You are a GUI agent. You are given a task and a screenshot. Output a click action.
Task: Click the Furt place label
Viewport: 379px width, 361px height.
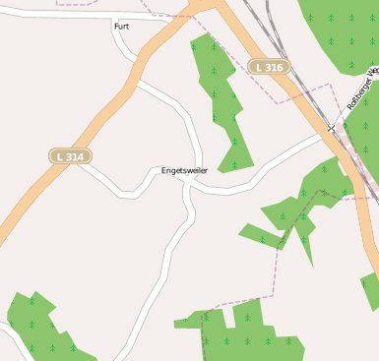(x=121, y=27)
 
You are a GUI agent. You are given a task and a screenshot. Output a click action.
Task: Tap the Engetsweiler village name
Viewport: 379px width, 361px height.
(x=184, y=171)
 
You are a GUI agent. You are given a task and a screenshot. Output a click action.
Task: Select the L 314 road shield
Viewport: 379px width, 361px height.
(x=71, y=155)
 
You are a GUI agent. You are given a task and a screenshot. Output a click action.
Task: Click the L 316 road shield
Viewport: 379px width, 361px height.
(x=268, y=67)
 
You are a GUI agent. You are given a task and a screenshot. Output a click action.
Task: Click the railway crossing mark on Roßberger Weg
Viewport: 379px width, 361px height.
(x=332, y=128)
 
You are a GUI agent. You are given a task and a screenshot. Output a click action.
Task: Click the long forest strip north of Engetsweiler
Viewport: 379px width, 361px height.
(x=221, y=98)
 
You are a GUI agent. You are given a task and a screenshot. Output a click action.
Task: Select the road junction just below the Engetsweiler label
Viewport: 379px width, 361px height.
(x=188, y=186)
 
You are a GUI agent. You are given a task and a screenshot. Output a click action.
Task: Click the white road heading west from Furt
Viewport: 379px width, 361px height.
(x=59, y=15)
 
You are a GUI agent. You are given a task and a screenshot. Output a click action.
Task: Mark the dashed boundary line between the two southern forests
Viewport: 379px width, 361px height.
(x=236, y=303)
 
